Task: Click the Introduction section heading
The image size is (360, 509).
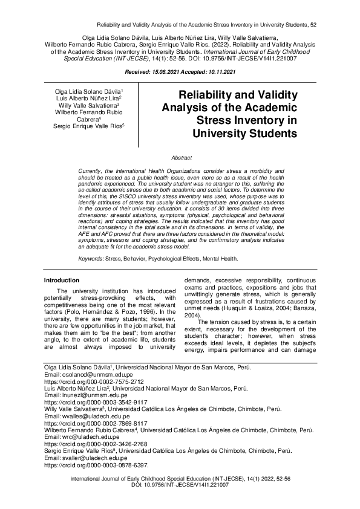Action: point(62,280)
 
